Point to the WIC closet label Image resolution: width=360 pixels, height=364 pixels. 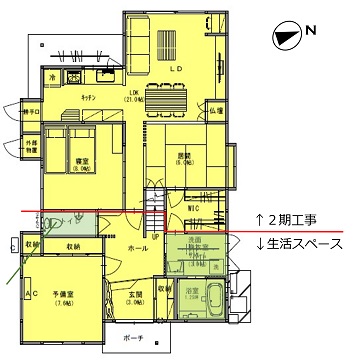[196, 207]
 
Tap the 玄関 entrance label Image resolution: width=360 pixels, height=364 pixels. [135, 293]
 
